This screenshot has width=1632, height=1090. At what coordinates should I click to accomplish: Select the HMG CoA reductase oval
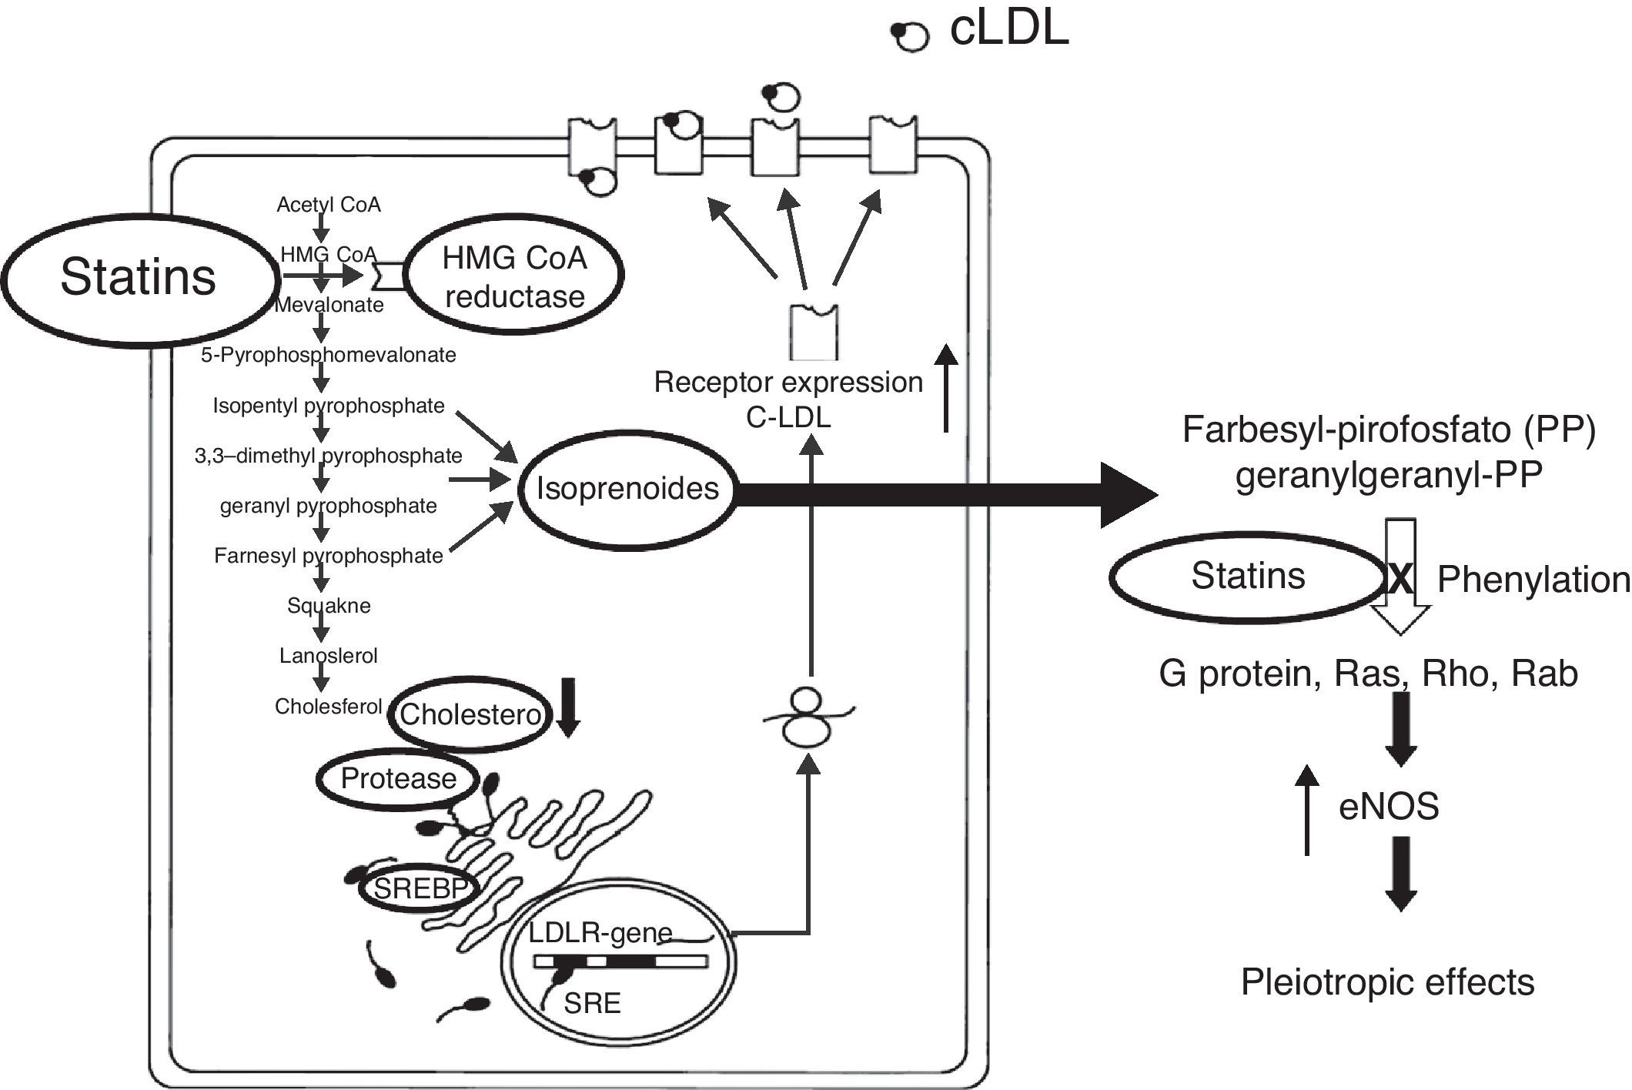[x=514, y=276]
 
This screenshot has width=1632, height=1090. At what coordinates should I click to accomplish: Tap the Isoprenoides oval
[x=627, y=489]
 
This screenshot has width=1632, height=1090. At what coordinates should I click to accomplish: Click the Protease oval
[x=398, y=778]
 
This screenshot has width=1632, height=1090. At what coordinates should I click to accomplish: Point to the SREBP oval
[x=420, y=888]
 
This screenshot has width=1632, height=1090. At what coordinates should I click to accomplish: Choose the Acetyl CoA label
[x=329, y=205]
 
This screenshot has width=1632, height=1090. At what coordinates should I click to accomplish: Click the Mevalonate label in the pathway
[x=329, y=305]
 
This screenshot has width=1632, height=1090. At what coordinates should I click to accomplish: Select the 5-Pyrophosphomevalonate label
[x=329, y=355]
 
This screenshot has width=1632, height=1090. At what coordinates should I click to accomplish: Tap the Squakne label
[x=329, y=606]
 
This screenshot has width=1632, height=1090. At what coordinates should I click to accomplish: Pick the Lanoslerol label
[x=329, y=656]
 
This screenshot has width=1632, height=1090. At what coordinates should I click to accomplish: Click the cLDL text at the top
[x=1008, y=29]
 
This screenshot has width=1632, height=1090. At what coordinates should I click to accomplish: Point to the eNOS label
[x=1389, y=807]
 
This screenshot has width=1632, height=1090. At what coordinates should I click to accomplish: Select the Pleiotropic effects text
[x=1387, y=982]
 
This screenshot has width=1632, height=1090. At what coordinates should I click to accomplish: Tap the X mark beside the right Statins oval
[x=1400, y=580]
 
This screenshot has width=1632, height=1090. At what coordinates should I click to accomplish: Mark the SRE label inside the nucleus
[x=592, y=1003]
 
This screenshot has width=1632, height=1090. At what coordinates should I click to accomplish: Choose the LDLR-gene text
[x=600, y=934]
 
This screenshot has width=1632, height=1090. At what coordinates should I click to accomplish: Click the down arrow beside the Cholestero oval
[x=568, y=707]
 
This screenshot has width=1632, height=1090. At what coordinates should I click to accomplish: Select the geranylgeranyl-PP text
[x=1389, y=475]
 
